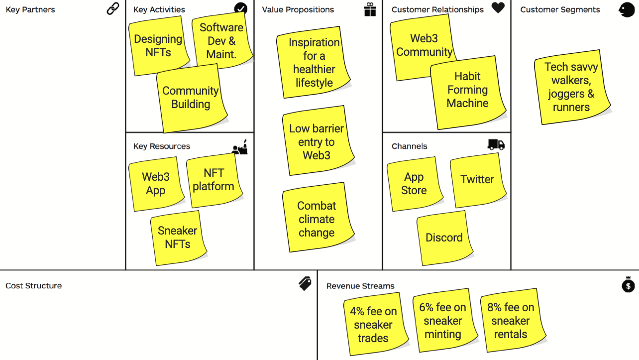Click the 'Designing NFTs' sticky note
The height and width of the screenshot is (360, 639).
158,46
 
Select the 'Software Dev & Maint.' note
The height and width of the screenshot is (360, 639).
221,41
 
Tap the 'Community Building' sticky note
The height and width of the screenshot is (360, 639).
191,98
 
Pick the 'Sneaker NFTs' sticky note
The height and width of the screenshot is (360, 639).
178,237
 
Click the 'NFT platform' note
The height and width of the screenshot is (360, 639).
213,180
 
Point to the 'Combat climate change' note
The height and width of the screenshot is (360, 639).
317,219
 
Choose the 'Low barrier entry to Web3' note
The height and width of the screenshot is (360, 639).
317,142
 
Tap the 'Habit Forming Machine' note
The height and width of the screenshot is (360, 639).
467,90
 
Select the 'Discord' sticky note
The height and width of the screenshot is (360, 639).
444,238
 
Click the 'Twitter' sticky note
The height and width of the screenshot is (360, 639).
477,179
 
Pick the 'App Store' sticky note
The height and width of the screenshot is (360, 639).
414,184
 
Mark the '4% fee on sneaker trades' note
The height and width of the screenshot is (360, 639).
373,325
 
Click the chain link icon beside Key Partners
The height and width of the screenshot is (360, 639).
113,8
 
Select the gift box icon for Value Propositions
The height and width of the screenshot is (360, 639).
370,9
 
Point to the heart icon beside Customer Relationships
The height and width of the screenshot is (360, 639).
498,8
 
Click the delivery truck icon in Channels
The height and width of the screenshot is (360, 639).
496,144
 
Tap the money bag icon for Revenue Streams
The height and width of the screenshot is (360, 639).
629,284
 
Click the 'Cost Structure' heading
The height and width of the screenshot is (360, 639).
34,286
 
